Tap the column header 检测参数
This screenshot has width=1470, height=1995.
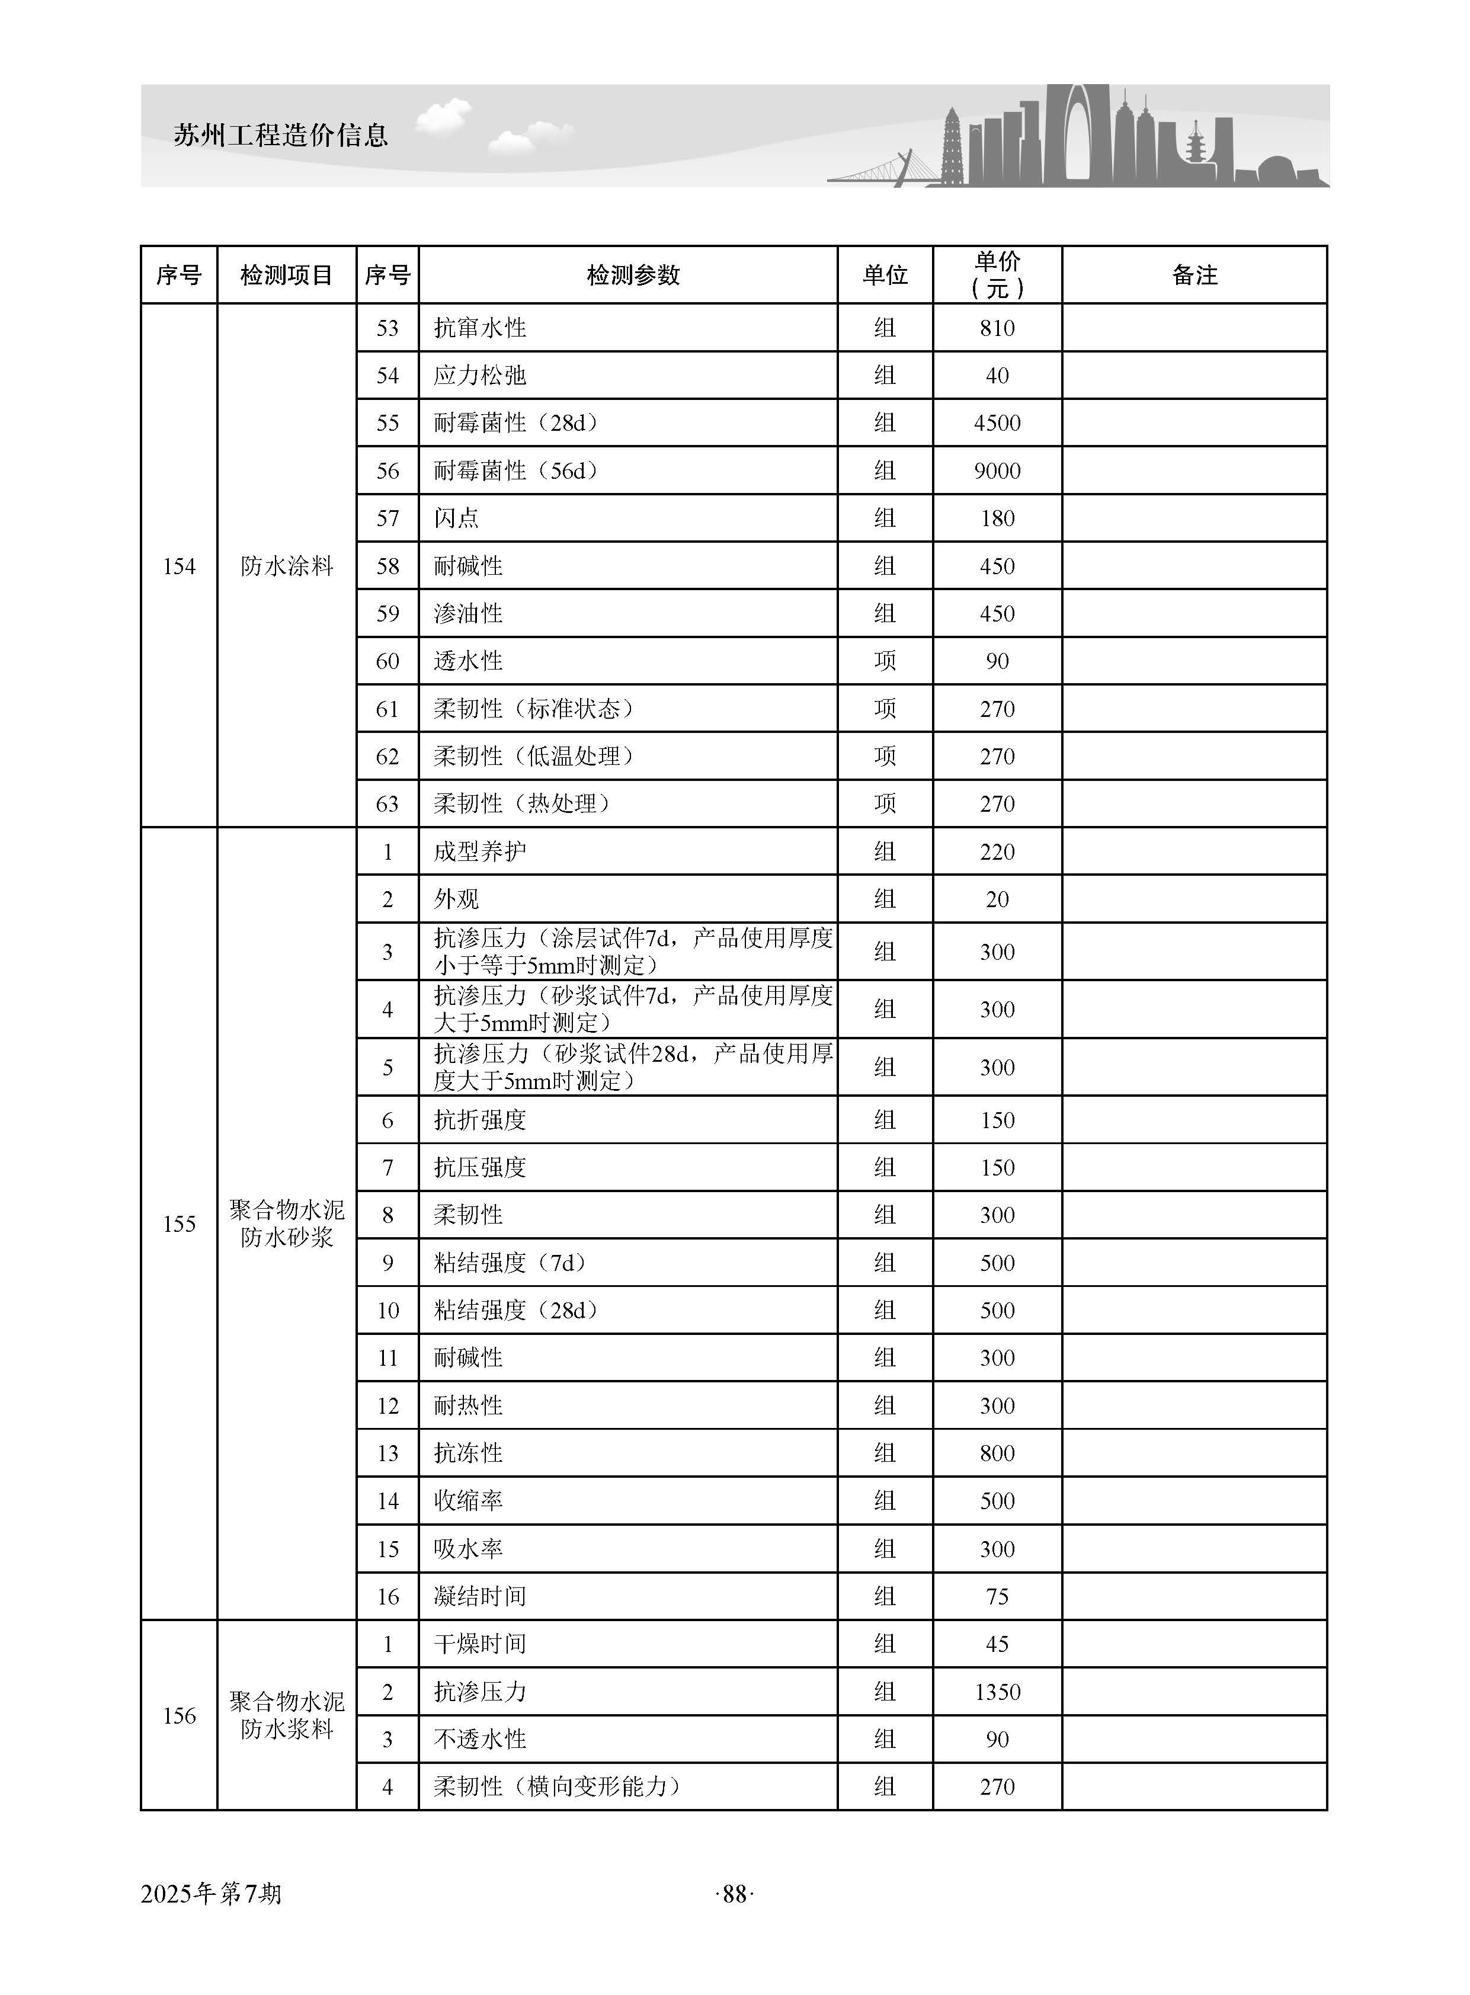pyautogui.click(x=633, y=275)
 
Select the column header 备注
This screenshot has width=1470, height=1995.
pyautogui.click(x=1193, y=275)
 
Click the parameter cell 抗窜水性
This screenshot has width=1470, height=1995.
pyautogui.click(x=479, y=328)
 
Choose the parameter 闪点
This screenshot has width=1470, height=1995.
pyautogui.click(x=456, y=518)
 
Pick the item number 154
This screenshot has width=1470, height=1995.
pyautogui.click(x=179, y=566)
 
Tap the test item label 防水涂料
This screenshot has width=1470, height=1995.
pyautogui.click(x=287, y=566)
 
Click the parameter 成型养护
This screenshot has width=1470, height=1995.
pyautogui.click(x=479, y=851)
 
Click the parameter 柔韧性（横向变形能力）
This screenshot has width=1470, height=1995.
pyautogui.click(x=557, y=1787)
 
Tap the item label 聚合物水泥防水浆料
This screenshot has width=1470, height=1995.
pyautogui.click(x=287, y=1715)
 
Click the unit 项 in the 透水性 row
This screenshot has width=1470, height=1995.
pyautogui.click(x=885, y=661)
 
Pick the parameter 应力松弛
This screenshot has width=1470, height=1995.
pyautogui.click(x=479, y=376)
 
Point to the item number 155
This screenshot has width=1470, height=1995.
pyautogui.click(x=179, y=1224)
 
